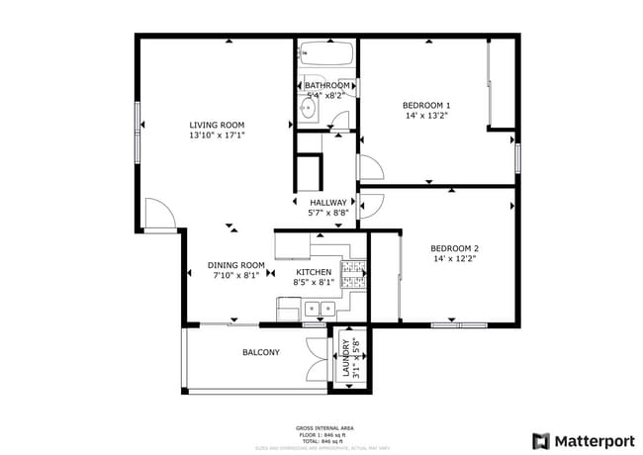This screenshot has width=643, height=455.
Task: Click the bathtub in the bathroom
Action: [x=326, y=54]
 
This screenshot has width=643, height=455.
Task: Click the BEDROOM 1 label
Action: [x=426, y=105]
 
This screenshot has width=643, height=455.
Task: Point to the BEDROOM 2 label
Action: [x=454, y=248]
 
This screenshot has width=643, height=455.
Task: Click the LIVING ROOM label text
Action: [x=217, y=125]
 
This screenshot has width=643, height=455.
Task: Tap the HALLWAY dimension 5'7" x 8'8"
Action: [x=328, y=212]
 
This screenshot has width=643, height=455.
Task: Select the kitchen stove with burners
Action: [x=353, y=272]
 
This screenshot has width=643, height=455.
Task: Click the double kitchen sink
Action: [x=318, y=310]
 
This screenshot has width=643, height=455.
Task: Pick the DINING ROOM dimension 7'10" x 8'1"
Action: [x=236, y=276]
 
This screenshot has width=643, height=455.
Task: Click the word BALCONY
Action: [x=261, y=352]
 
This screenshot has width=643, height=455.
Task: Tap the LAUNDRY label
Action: [x=345, y=357]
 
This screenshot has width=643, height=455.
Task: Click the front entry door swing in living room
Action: [x=158, y=214]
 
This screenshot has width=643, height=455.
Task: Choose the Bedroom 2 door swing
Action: [x=371, y=205]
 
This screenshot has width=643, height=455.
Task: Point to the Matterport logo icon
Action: [x=541, y=440]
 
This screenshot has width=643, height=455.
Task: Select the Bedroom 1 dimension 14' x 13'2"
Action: [x=426, y=115]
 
